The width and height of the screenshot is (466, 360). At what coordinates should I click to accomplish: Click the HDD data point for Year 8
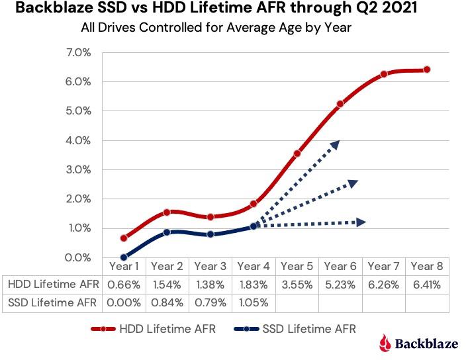(x=427, y=69)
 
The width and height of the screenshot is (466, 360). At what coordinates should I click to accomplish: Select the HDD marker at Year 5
(x=297, y=153)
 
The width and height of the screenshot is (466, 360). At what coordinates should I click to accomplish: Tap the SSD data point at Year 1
(x=124, y=257)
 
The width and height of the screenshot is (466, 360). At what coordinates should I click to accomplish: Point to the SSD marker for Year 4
(x=254, y=226)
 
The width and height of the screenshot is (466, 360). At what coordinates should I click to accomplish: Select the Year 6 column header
(x=340, y=266)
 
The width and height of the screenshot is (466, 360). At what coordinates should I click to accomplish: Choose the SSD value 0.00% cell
(x=124, y=302)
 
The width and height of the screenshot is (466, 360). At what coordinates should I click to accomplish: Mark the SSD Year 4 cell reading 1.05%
(x=254, y=302)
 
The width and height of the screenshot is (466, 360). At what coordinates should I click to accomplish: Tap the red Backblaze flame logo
(x=385, y=342)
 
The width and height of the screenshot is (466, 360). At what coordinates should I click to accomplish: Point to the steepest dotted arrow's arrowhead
(x=336, y=144)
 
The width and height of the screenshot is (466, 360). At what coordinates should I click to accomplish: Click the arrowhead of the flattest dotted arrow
(x=361, y=222)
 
